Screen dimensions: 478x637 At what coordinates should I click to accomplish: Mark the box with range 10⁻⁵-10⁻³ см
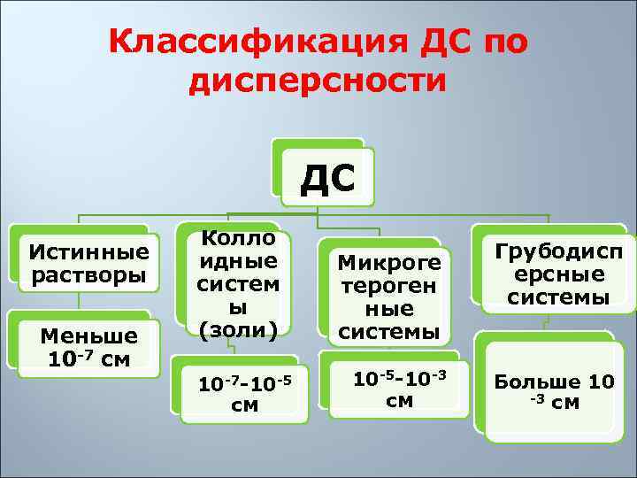(x=398, y=389)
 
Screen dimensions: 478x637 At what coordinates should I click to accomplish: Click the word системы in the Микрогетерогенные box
(x=388, y=331)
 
